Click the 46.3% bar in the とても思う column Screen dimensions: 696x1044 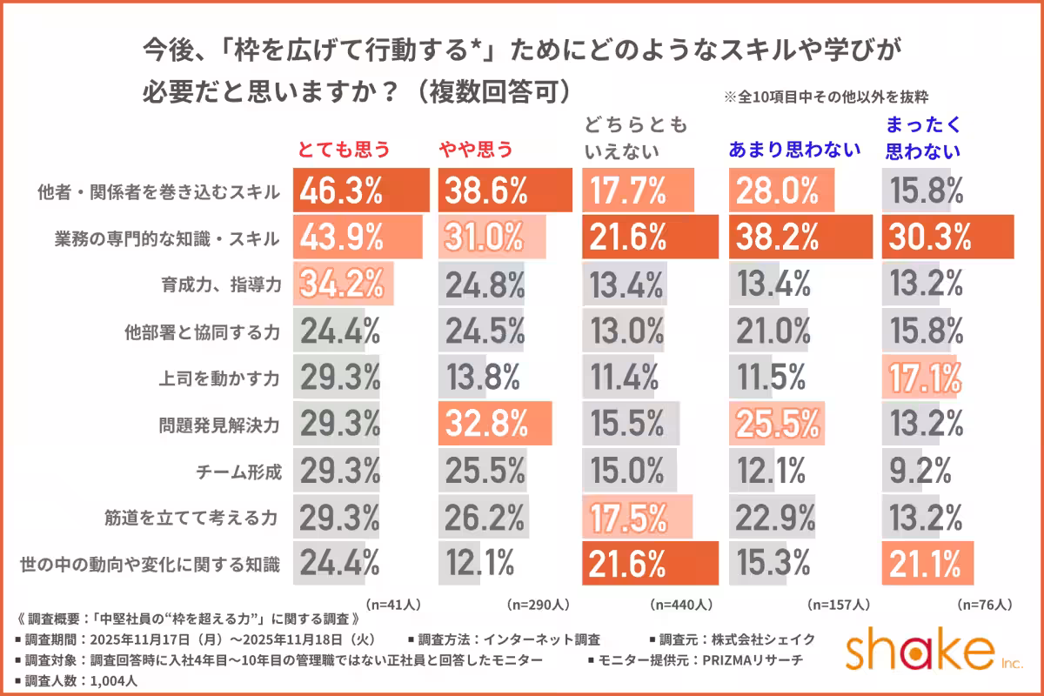click(362, 191)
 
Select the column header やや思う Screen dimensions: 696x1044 click(475, 149)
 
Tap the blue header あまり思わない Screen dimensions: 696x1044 click(793, 149)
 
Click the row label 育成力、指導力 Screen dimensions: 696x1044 click(233, 284)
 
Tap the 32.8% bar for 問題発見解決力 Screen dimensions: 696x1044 click(497, 425)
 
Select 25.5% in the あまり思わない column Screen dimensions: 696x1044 click(778, 425)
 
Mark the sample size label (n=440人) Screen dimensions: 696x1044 click(681, 603)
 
